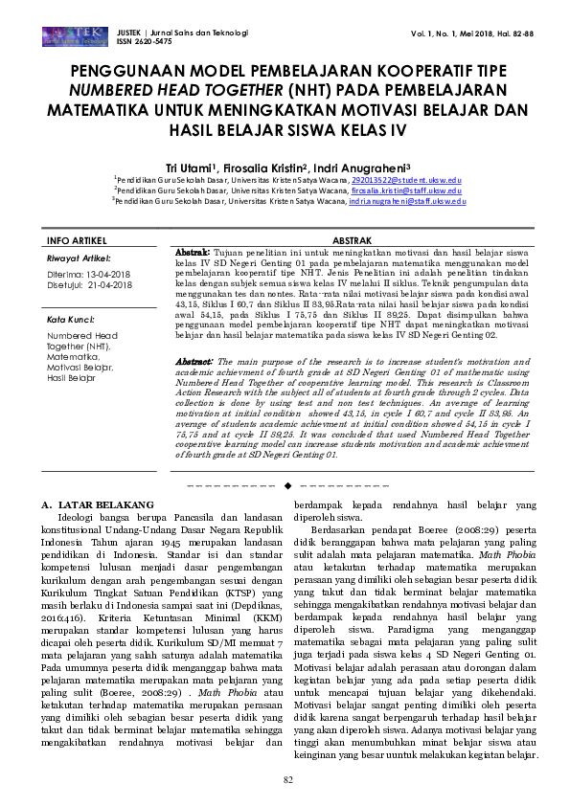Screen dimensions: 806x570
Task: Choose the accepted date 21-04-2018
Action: tap(108, 283)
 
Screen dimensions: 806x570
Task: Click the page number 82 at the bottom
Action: tap(286, 781)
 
